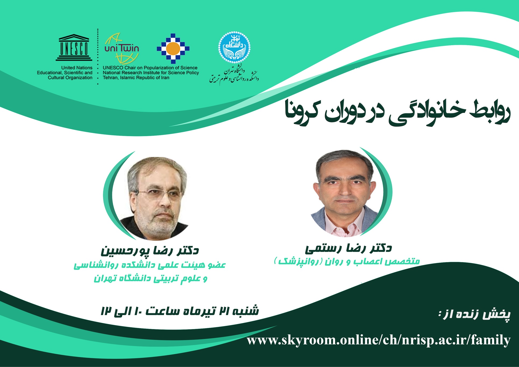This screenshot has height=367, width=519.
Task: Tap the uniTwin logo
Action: (x=122, y=48)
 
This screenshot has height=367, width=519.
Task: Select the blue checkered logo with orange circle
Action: (x=173, y=48)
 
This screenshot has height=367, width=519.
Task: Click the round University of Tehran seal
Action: (x=234, y=48)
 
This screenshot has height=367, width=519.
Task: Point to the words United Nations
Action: (x=77, y=68)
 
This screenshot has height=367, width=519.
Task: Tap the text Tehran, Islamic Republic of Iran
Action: (x=136, y=77)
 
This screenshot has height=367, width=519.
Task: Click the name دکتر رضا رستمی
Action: (x=348, y=248)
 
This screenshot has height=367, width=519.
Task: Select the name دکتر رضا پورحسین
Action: (x=150, y=250)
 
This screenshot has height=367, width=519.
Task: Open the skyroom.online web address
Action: (x=379, y=340)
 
